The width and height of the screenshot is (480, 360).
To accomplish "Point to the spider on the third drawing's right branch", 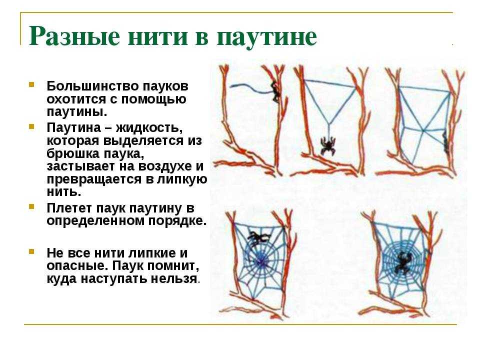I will pyautogui.click(x=444, y=140).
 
